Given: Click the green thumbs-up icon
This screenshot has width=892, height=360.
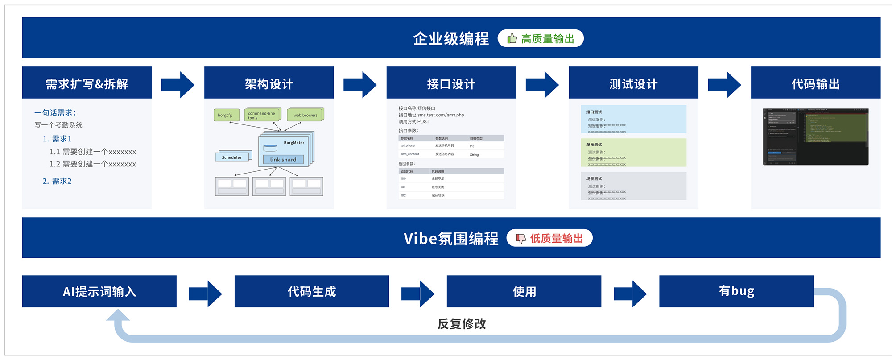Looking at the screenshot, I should tap(512, 38).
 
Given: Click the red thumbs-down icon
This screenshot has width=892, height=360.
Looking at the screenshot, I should tap(520, 239).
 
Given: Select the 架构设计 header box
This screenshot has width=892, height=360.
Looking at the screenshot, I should tap(269, 83).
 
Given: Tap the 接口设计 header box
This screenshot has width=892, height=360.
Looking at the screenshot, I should tap(451, 83).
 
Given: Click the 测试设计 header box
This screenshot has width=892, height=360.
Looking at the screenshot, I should tap(633, 83).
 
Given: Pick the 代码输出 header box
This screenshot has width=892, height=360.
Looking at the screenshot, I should tap(815, 83).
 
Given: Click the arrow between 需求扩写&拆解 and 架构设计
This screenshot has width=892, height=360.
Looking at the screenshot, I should tap(178, 84).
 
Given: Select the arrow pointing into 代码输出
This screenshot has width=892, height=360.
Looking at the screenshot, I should tap(724, 84).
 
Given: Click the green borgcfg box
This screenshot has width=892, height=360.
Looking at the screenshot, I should tap(226, 115).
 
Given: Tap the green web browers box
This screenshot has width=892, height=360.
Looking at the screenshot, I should tap(305, 115).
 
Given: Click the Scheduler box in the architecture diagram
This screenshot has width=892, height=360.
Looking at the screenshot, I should tap(232, 157).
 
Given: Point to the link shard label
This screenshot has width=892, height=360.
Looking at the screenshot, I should tap(283, 160).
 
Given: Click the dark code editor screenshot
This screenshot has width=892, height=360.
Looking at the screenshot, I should tap(815, 137).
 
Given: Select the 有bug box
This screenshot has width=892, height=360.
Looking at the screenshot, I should tap(736, 291).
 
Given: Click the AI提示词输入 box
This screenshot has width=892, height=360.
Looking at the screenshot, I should tap(99, 291).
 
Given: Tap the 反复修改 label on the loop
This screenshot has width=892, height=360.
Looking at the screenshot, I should tap(462, 324).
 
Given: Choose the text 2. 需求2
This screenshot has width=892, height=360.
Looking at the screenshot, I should tap(57, 181).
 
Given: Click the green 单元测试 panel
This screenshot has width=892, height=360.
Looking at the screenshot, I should tap(633, 153).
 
